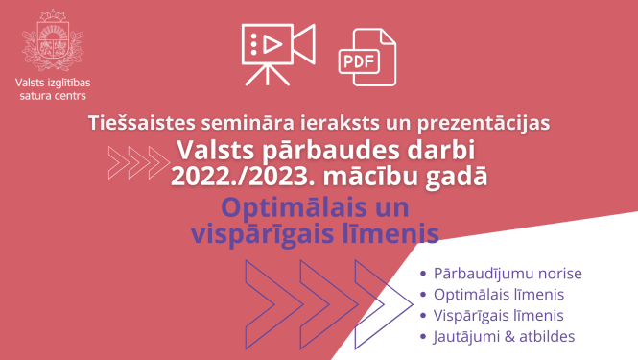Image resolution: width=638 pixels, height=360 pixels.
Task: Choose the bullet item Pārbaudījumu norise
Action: tap(508, 274)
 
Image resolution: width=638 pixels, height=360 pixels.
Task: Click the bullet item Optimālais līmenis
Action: tap(498, 295)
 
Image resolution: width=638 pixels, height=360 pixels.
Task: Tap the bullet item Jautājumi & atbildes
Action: tap(504, 336)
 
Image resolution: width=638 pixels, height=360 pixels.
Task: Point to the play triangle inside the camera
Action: tap(272, 42)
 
